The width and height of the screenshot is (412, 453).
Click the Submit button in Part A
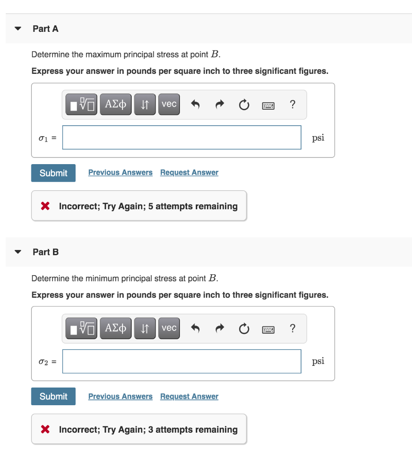pyautogui.click(x=53, y=173)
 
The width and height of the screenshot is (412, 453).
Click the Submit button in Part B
pyautogui.click(x=53, y=396)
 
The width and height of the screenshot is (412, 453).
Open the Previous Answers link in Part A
pyautogui.click(x=120, y=173)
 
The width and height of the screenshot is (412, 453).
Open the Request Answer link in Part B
pyautogui.click(x=189, y=396)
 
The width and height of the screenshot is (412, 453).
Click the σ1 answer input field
pyautogui.click(x=182, y=138)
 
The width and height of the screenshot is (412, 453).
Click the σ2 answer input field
pyautogui.click(x=182, y=361)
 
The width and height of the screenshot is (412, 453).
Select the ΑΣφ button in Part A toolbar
pyautogui.click(x=116, y=104)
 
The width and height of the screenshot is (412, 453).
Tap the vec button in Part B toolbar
pyautogui.click(x=169, y=328)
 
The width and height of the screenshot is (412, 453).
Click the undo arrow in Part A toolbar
pyautogui.click(x=195, y=104)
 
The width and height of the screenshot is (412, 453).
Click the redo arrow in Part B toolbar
pyautogui.click(x=219, y=328)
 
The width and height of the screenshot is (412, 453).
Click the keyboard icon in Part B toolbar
pyautogui.click(x=268, y=328)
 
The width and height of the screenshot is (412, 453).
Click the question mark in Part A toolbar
pyautogui.click(x=292, y=104)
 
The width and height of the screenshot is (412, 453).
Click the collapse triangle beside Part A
pyautogui.click(x=18, y=29)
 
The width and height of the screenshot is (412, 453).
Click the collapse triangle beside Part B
pyautogui.click(x=18, y=252)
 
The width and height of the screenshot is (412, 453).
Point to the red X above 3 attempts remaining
pyautogui.click(x=45, y=429)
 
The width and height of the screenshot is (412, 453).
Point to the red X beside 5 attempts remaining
pyautogui.click(x=45, y=206)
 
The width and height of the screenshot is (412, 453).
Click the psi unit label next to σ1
pyautogui.click(x=318, y=138)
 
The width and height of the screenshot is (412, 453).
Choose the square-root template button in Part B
pyautogui.click(x=82, y=328)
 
